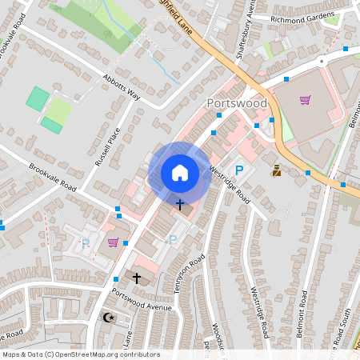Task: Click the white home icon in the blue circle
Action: (x=180, y=172)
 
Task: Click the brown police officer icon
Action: (x=277, y=170)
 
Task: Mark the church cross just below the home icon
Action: (x=179, y=205)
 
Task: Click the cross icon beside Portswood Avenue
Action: (x=137, y=278)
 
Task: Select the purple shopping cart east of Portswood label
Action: (x=305, y=100)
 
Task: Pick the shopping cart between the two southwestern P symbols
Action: (x=114, y=242)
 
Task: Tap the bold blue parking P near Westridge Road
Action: (x=238, y=170)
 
